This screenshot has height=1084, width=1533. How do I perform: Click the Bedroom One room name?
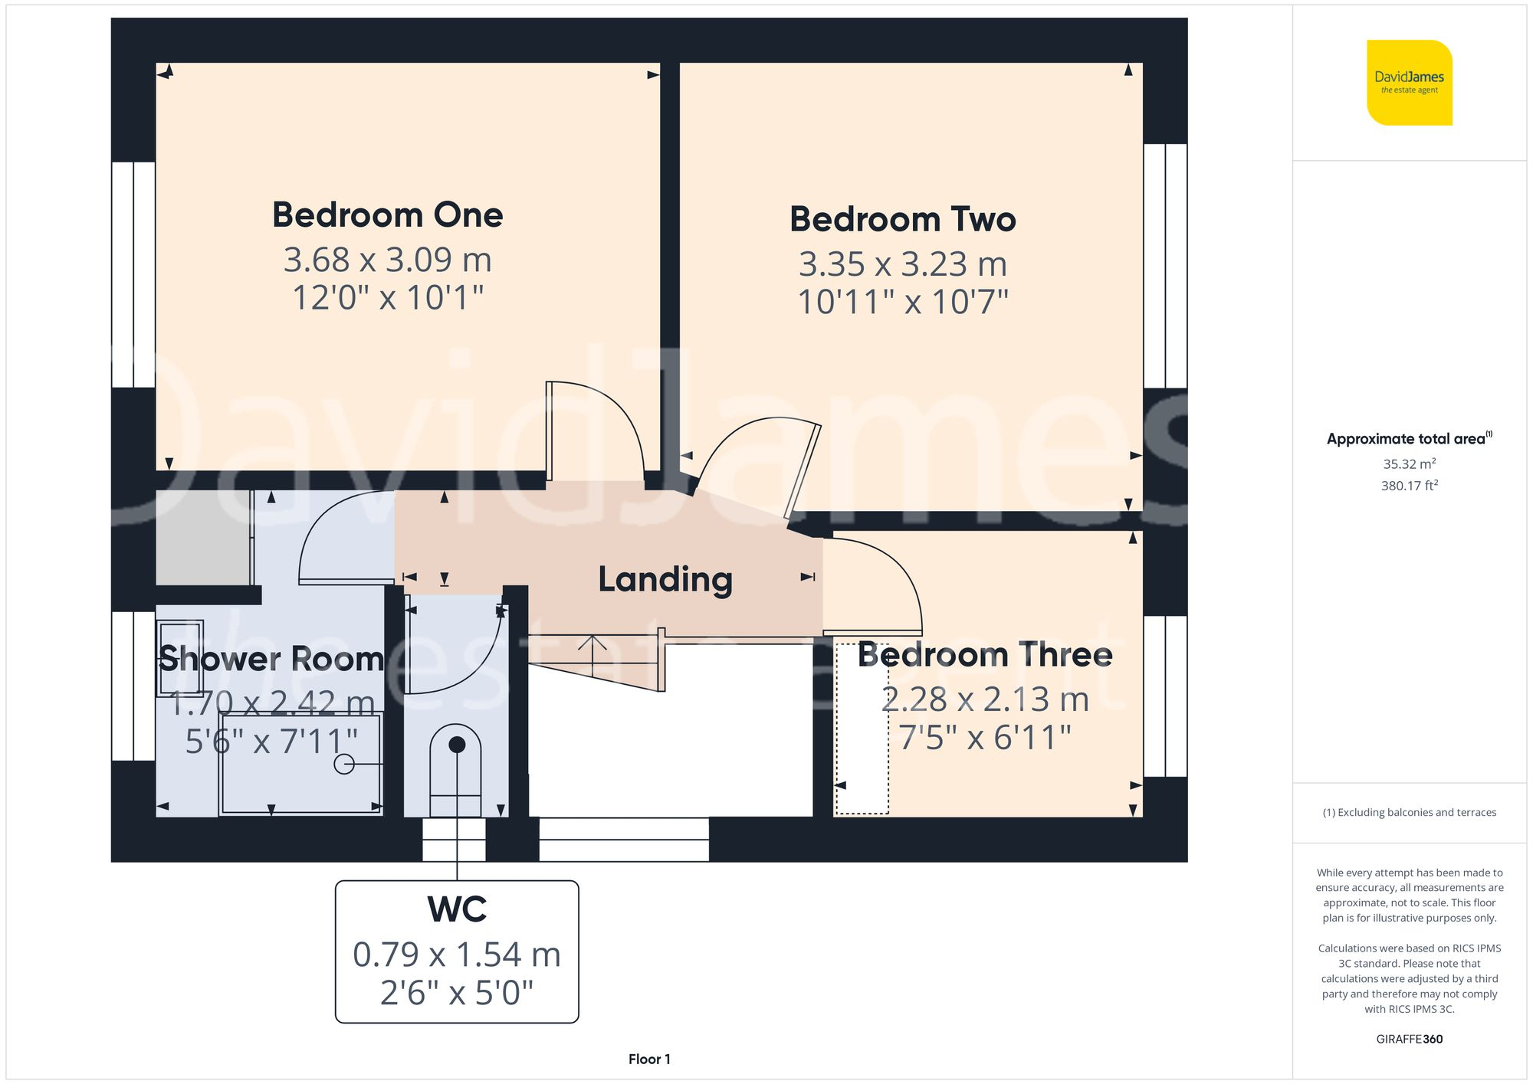[x=387, y=215]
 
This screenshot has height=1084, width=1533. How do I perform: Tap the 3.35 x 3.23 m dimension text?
[x=902, y=264]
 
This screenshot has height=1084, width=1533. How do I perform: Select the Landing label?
[x=665, y=579]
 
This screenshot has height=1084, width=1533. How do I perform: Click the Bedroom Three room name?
[x=985, y=655]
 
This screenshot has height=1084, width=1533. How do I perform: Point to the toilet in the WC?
[x=456, y=770]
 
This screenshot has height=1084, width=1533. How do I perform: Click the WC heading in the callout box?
[x=457, y=909]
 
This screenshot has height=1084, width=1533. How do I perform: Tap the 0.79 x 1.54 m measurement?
[x=457, y=955]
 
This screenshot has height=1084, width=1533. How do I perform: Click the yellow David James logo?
[x=1409, y=83]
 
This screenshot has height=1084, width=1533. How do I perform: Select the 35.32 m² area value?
[x=1409, y=463]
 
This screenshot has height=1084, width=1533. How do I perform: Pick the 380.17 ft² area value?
[x=1409, y=486]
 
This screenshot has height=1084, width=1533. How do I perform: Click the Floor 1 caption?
[x=649, y=1059]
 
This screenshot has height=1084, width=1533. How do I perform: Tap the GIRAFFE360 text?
[x=1409, y=1039]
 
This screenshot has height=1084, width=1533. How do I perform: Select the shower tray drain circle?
[x=344, y=764]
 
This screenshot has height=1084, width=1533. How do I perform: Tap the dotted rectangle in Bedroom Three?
[x=862, y=728]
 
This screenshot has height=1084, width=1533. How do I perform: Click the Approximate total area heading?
[x=1409, y=439]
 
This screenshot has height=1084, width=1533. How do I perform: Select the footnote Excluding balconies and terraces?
[x=1409, y=812]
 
